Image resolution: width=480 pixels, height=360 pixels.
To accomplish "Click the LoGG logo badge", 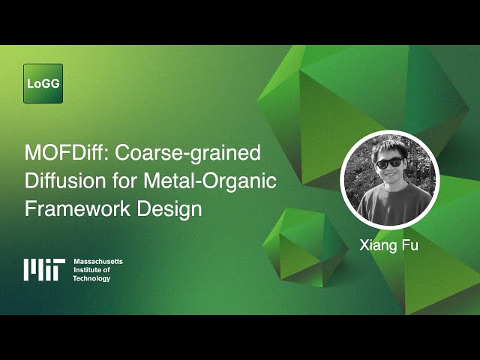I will [43, 83].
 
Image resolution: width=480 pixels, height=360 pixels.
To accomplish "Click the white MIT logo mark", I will [44, 269].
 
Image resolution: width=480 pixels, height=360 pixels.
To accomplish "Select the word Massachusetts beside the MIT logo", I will [98, 261].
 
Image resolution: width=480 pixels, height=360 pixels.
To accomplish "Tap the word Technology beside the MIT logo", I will [91, 278].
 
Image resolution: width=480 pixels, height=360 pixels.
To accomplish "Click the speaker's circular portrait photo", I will [390, 180].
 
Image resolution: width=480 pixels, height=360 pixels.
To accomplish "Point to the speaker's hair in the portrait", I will [390, 146].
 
